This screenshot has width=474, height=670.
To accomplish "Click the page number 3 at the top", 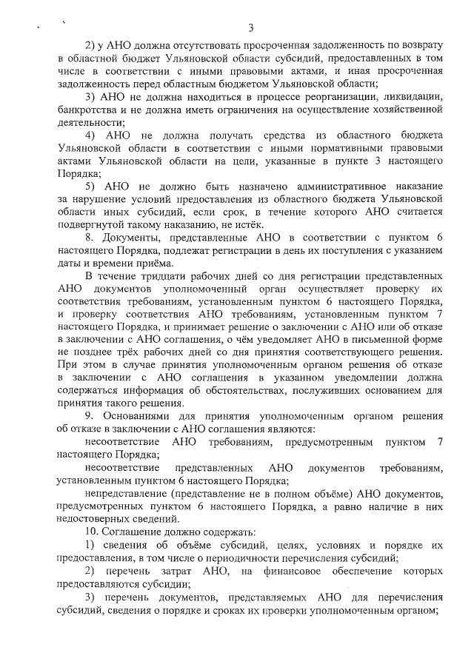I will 251,28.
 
